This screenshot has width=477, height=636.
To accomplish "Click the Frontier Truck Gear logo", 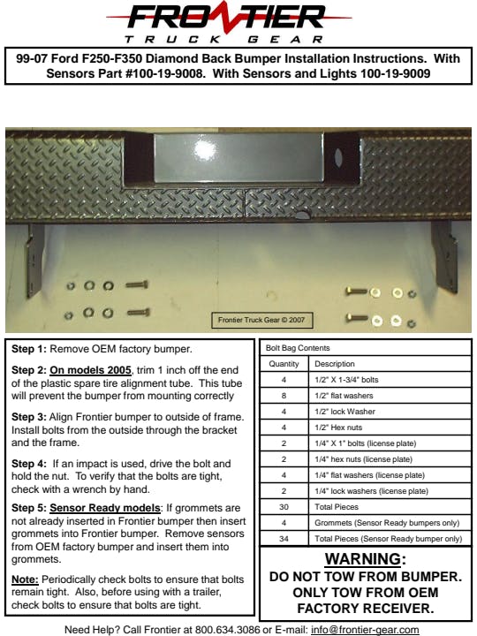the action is coord(229,22).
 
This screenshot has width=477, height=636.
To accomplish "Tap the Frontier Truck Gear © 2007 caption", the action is coord(261,320).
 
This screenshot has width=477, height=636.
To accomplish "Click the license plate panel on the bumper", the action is coord(238,158).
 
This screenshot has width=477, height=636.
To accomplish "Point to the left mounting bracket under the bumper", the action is coord(34,261).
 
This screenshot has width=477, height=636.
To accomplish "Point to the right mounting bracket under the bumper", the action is coord(446,256).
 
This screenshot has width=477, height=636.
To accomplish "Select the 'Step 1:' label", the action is coord(29,349).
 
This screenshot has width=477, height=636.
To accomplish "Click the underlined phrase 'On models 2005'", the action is coord(90,370).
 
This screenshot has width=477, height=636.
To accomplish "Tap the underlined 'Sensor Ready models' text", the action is coord(105,508).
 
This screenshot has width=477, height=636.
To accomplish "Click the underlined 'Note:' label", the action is coord(25,579).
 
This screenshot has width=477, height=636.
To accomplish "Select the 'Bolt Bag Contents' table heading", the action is coord(298,348).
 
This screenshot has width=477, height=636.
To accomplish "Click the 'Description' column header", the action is coord(335,364).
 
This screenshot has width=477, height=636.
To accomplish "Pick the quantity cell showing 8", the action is coord(284,396).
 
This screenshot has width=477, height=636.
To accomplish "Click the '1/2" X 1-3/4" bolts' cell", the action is coord(346,380).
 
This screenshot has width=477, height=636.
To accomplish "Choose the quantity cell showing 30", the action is coord(284,507).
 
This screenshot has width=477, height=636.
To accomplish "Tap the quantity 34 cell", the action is coord(284,539).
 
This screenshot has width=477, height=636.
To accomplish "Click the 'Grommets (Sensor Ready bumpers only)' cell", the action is coord(387,523).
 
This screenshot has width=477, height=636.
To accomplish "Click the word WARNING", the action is coord(363,559).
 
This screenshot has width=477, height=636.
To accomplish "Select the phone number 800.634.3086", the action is coord(228,630).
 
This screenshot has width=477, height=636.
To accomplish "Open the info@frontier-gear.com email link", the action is coord(365,631).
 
